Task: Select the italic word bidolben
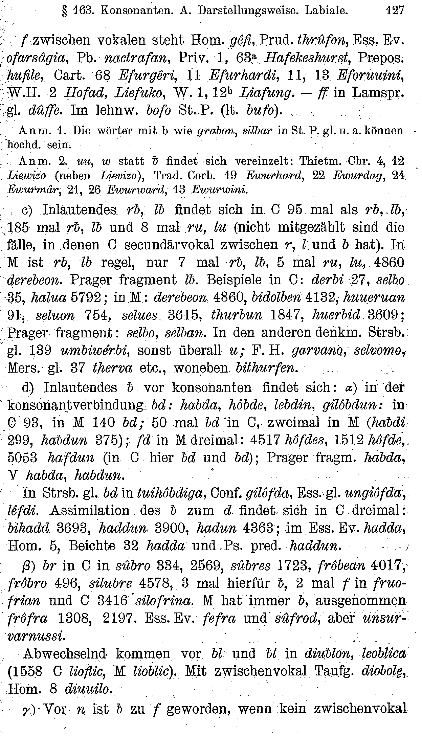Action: (x=277, y=298)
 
